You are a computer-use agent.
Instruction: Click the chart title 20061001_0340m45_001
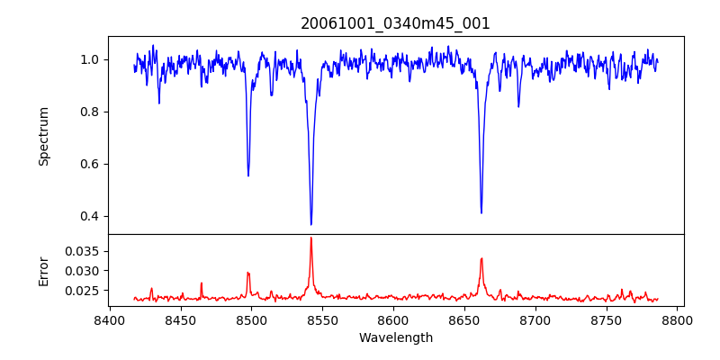tap(395, 23)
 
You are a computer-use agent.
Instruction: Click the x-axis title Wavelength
tap(395, 338)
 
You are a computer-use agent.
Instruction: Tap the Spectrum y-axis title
tap(43, 136)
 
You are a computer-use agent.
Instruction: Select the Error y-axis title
tap(43, 270)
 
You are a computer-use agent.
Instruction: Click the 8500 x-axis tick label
tap(252, 319)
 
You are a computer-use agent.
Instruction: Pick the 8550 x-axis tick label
tap(323, 319)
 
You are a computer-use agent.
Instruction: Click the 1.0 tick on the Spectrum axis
tap(90, 59)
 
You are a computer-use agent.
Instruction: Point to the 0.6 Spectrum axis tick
tap(90, 164)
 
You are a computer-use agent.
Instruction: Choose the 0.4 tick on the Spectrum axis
tap(90, 216)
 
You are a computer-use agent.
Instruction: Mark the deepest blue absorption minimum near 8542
tap(311, 224)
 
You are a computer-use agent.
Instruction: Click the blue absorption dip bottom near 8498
tap(248, 175)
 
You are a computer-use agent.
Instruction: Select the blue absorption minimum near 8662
tap(481, 212)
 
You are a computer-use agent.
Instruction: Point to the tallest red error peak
tap(311, 238)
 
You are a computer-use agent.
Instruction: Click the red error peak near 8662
tap(481, 258)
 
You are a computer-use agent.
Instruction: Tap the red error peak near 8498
tap(248, 272)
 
